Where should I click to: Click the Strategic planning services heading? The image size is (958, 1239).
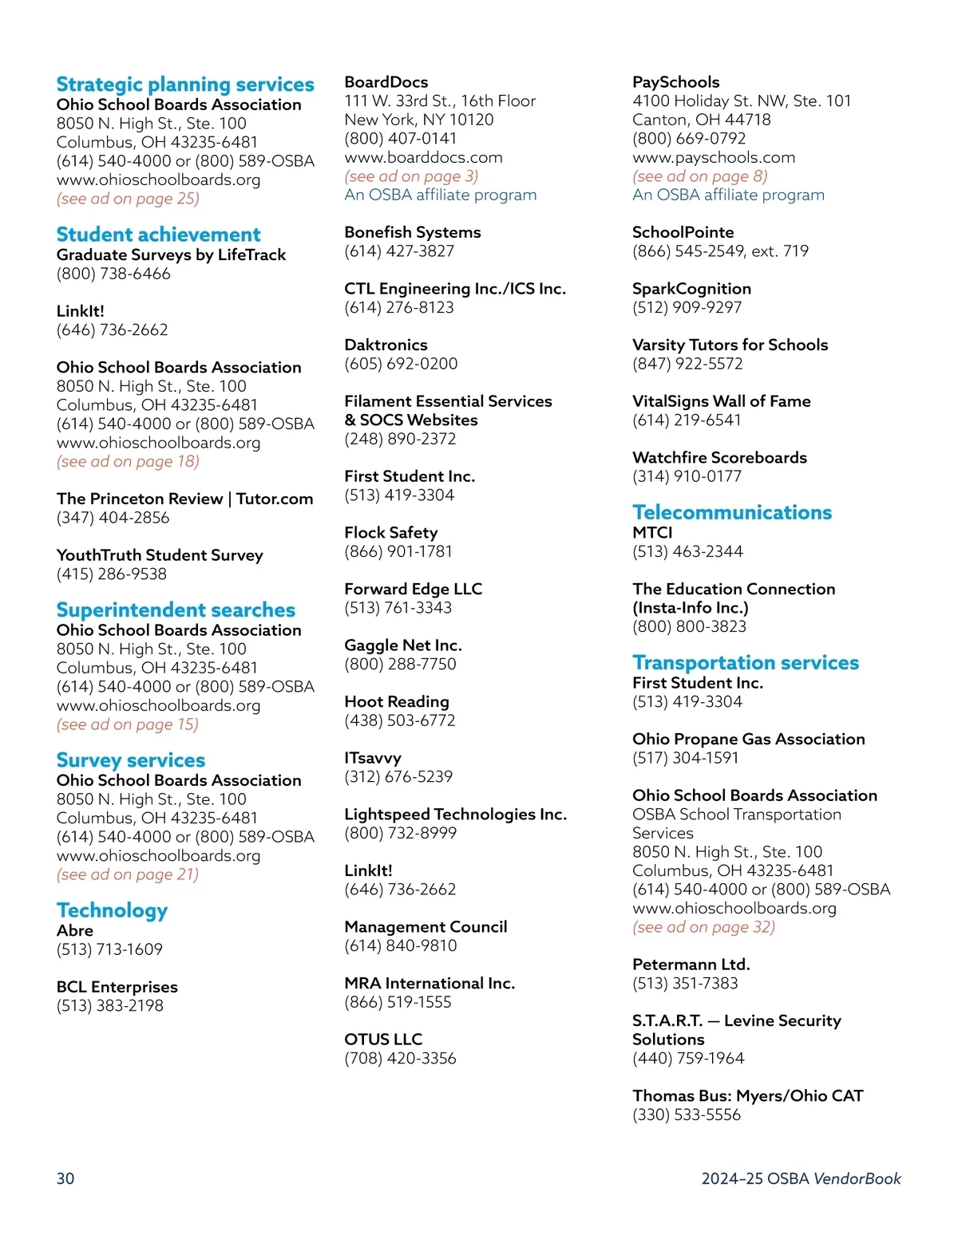point(185,85)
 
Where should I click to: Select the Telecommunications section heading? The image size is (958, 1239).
point(732,512)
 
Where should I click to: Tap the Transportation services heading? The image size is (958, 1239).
point(746,663)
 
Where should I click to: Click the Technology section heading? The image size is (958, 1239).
point(112,910)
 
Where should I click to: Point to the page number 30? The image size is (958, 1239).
point(65,1178)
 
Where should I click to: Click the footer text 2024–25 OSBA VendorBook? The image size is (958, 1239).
point(801,1178)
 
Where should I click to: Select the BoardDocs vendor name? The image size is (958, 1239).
point(386,82)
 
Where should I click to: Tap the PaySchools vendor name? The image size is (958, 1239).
point(675,82)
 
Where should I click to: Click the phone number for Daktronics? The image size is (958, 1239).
point(401,364)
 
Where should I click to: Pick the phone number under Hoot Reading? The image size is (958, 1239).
point(399,720)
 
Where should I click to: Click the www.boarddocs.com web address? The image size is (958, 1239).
point(423,157)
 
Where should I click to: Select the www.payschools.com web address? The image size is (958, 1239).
point(714,157)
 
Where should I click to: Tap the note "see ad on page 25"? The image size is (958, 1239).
point(128,199)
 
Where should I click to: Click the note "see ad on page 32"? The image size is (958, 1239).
point(703,927)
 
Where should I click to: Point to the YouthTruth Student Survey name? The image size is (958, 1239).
point(160,555)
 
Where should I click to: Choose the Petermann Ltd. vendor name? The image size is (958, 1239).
point(691,965)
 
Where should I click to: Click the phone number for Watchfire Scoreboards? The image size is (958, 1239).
point(687,476)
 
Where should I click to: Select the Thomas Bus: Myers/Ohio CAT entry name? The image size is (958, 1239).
point(747,1096)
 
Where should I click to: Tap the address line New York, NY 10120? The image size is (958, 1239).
point(418,120)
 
